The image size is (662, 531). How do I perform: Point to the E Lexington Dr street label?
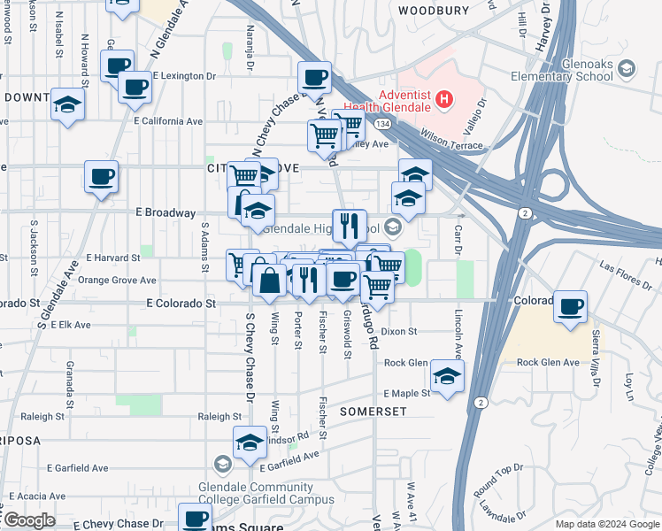point(184,76)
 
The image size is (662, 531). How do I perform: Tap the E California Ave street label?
point(168,120)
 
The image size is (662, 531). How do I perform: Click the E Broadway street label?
point(165,213)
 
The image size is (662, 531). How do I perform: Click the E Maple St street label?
point(406,393)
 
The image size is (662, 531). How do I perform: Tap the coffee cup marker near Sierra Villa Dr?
point(571,306)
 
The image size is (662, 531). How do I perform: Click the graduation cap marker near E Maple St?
point(448,377)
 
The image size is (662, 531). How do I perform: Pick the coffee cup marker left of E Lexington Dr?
point(135,87)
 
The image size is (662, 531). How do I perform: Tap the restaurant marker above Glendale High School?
point(350,226)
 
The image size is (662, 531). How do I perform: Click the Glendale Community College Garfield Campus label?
point(257,494)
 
